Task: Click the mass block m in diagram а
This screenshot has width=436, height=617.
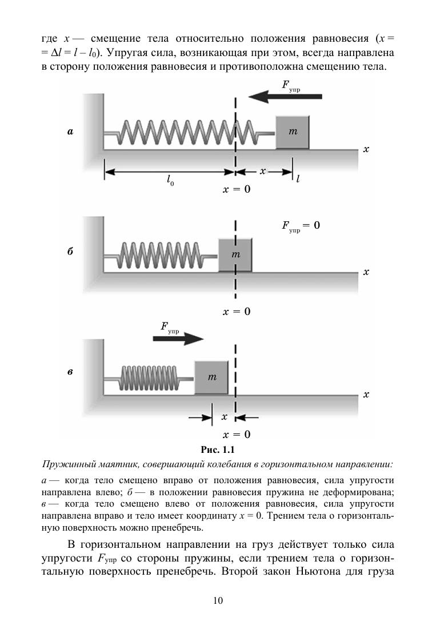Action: pyautogui.click(x=293, y=132)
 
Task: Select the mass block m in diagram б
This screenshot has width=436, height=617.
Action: pyautogui.click(x=235, y=254)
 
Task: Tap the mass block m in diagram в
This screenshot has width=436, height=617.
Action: pyautogui.click(x=212, y=377)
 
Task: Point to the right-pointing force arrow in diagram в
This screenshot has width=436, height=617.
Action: pyautogui.click(x=178, y=339)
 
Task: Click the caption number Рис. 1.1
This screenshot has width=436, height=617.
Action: pyautogui.click(x=218, y=448)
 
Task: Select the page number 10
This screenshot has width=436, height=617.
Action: pyautogui.click(x=218, y=600)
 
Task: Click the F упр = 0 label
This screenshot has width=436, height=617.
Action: pyautogui.click(x=301, y=226)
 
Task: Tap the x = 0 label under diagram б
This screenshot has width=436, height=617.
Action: pyautogui.click(x=236, y=312)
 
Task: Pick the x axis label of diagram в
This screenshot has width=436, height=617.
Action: pyautogui.click(x=366, y=395)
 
